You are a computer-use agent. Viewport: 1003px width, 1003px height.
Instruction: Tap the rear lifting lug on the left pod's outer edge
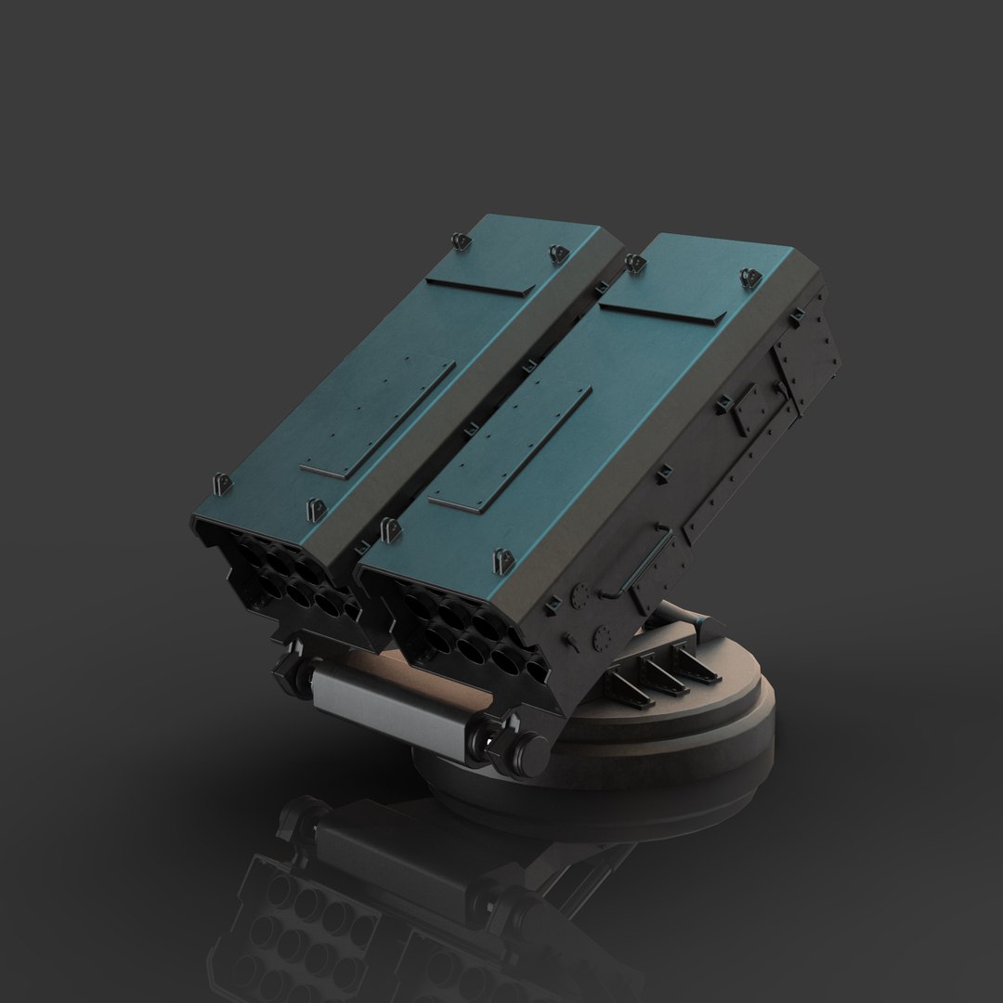pos(459,241)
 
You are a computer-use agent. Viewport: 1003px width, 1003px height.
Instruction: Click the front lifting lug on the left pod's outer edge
pos(220,484)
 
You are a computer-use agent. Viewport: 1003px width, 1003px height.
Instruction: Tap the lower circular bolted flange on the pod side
pos(600,640)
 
